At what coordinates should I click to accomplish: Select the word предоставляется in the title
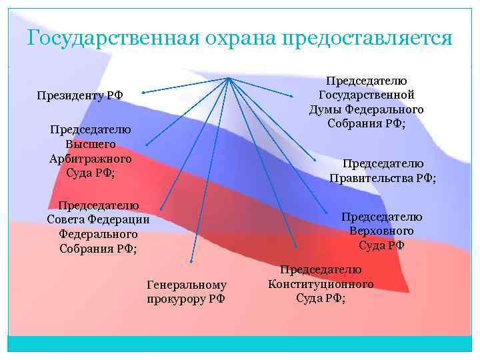click(367, 38)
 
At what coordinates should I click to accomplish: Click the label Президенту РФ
click(80, 96)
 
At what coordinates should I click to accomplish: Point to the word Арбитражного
click(91, 159)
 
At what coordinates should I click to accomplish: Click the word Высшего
click(91, 144)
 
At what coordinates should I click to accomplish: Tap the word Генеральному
click(186, 285)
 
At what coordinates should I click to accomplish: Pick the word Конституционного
click(321, 284)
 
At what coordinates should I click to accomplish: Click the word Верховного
click(381, 231)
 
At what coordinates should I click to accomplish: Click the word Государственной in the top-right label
click(367, 95)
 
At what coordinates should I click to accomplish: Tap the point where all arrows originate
click(228, 79)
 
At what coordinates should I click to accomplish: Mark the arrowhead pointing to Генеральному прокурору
click(191, 261)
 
